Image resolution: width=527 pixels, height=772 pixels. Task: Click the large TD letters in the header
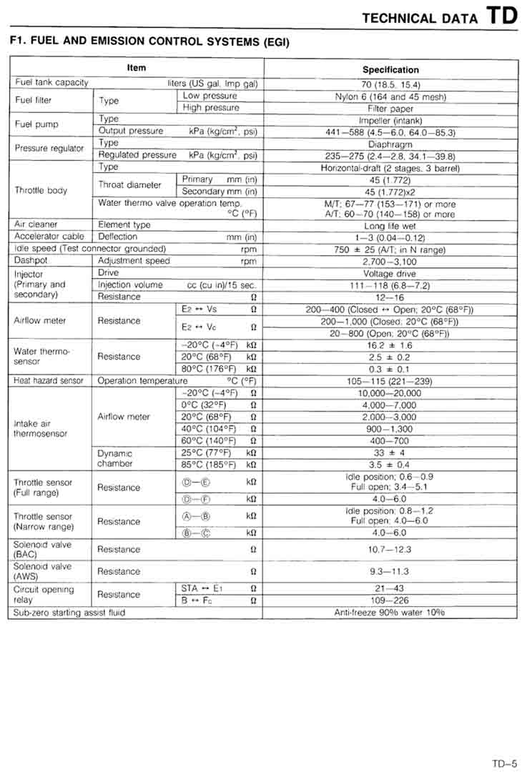502,15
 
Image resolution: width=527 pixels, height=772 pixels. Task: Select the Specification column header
390,70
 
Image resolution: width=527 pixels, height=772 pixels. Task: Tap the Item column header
136,68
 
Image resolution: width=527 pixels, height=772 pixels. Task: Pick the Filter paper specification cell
390,109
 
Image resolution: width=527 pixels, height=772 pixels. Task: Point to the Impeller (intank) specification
390,120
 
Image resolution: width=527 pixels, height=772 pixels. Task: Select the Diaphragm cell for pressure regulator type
390,144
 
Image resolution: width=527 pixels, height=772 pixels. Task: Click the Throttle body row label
41,191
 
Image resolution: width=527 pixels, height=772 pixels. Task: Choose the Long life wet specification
390,224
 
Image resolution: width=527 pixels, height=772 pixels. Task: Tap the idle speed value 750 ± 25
390,249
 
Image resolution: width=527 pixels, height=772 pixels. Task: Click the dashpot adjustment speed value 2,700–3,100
390,262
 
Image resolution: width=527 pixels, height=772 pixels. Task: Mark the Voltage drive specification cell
390,274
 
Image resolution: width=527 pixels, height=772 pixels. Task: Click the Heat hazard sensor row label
49,381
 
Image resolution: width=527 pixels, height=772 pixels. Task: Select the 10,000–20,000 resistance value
390,393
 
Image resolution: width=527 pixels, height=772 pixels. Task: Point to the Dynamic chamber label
115,458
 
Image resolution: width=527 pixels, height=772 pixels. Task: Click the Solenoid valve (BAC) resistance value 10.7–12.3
390,550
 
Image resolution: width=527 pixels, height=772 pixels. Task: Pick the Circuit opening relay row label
44,595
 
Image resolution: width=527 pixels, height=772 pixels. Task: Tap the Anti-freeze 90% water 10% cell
390,613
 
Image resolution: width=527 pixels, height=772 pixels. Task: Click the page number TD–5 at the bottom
504,743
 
